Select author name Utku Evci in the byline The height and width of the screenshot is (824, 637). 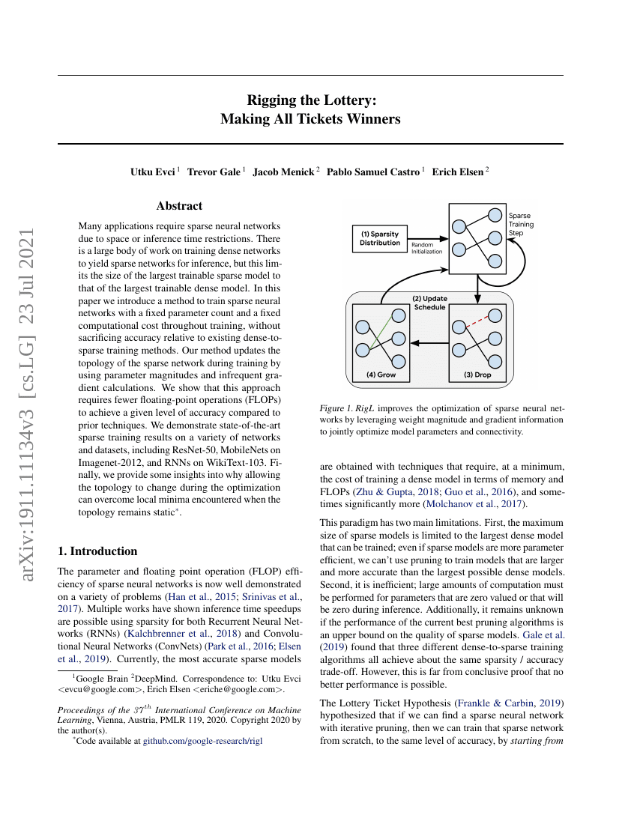point(153,171)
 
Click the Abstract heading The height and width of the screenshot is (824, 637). point(179,206)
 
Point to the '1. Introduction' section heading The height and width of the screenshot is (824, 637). point(97,551)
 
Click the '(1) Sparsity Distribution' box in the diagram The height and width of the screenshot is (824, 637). point(380,238)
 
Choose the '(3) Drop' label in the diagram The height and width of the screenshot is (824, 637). point(477,375)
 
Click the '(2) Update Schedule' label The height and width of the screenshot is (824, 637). point(429,303)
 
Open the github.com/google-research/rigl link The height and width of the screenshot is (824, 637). point(203,741)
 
